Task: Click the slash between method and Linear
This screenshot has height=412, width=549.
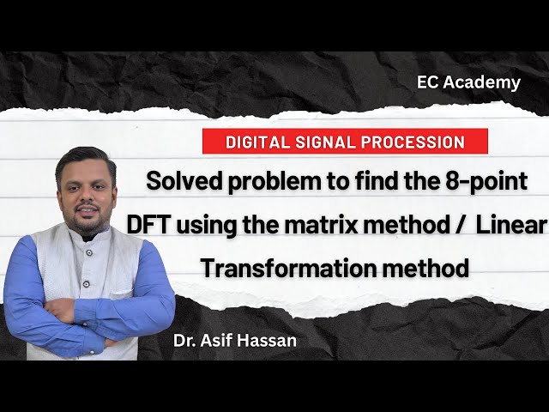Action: (x=460, y=226)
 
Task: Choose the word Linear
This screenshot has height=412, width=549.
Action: (x=512, y=225)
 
